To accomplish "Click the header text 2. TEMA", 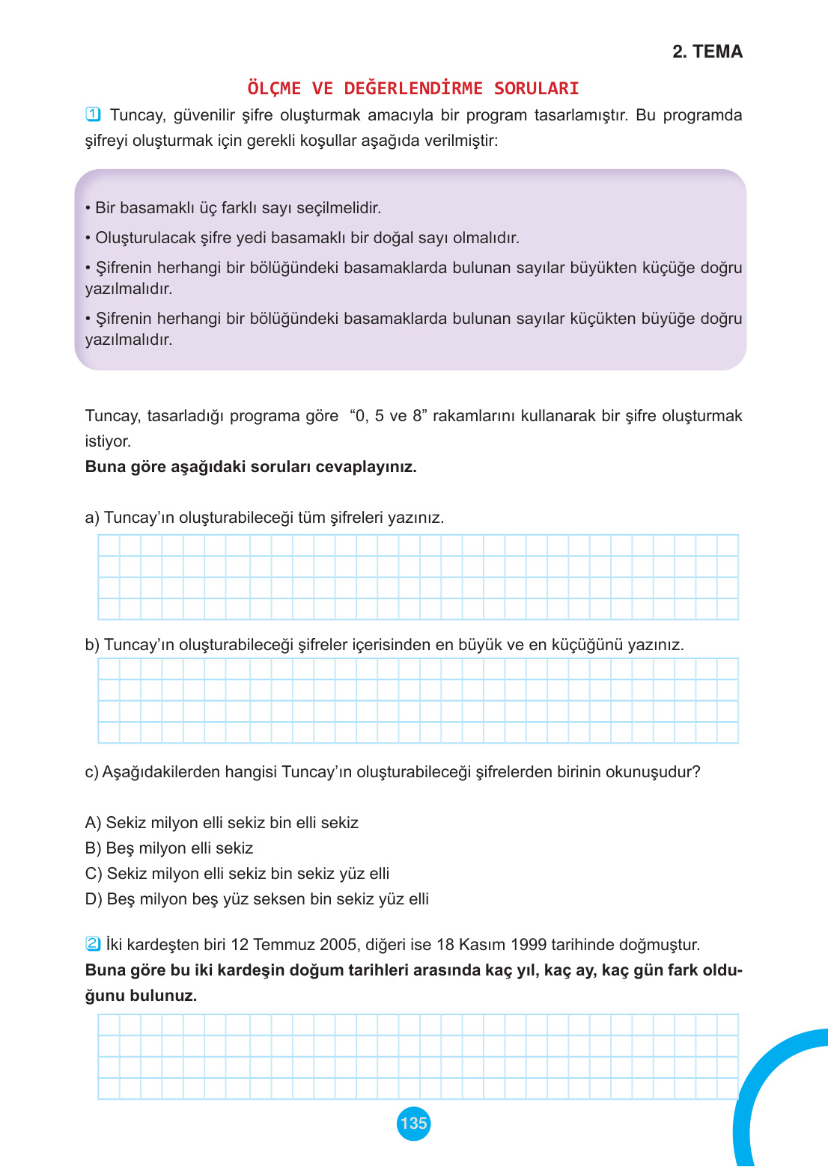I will [707, 52].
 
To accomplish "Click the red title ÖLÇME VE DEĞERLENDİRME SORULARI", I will [413, 88].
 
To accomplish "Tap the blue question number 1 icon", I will [93, 114].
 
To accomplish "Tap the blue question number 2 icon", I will [93, 943].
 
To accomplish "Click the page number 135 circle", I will [413, 1123].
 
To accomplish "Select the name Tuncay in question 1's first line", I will [137, 115].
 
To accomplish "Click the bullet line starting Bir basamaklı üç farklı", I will [234, 208].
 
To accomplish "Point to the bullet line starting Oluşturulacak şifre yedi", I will [302, 238].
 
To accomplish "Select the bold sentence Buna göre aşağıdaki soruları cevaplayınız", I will [251, 467].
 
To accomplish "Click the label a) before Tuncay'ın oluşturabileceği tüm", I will [92, 518].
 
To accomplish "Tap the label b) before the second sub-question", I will [92, 645].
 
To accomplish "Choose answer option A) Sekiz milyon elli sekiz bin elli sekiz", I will [222, 823].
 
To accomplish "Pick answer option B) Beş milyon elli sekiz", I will [169, 848].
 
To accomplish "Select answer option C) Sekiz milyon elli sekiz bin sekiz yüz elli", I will [237, 874].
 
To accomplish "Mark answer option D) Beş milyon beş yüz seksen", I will [257, 899].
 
